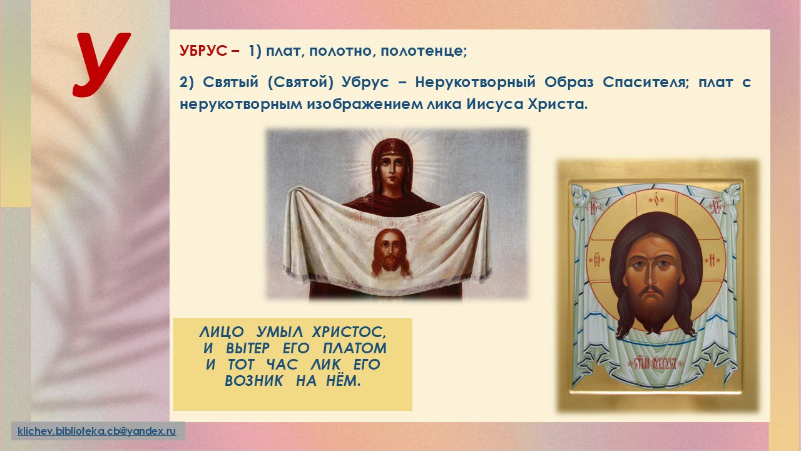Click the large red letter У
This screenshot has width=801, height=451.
[x=102, y=65]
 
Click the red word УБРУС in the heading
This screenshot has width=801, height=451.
[x=203, y=51]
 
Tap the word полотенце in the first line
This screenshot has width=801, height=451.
[x=424, y=52]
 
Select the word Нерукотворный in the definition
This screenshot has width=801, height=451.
[x=475, y=83]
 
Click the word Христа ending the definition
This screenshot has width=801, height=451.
[x=558, y=105]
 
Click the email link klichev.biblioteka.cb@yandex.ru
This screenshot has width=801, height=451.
[x=97, y=431]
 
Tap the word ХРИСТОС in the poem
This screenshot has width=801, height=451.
[x=349, y=332]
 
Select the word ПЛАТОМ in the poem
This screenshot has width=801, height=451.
[x=355, y=348]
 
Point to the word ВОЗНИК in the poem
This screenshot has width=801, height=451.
[x=253, y=381]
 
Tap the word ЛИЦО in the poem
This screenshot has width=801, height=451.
[x=222, y=333]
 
